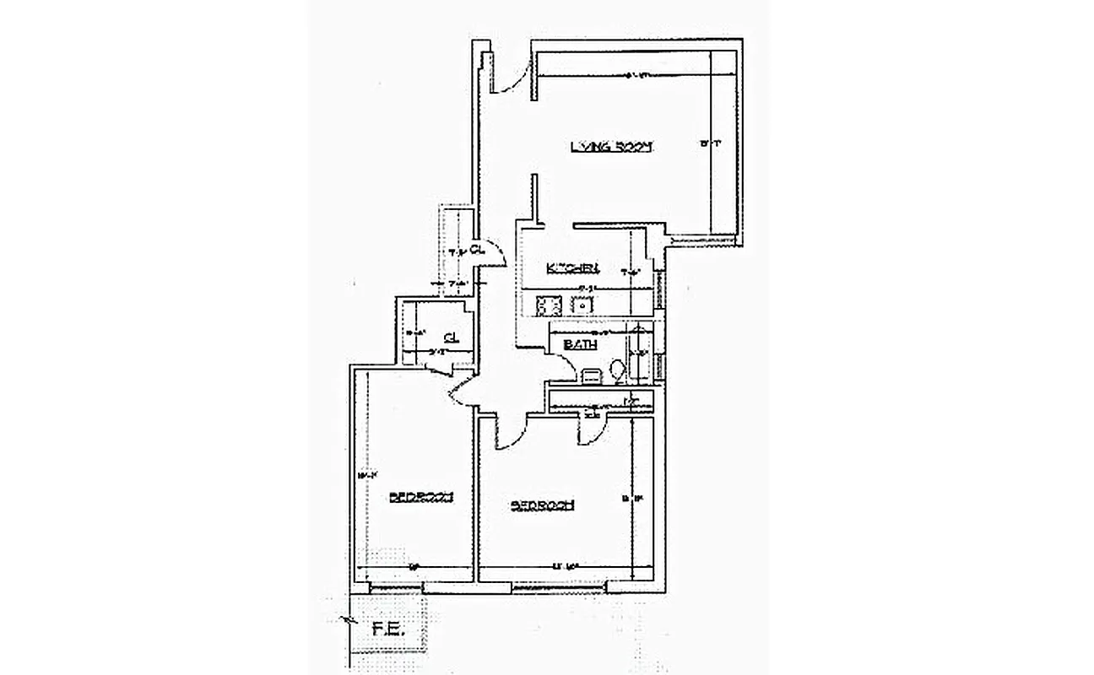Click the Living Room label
[612, 146]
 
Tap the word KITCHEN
[572, 268]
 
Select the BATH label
[581, 344]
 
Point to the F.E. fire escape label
[385, 629]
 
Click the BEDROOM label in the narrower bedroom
[422, 496]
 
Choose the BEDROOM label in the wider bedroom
[543, 505]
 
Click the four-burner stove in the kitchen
[550, 303]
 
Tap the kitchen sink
[582, 304]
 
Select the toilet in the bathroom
[617, 370]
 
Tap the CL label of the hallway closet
[476, 249]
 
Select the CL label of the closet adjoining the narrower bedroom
[451, 337]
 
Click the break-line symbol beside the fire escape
[347, 622]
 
